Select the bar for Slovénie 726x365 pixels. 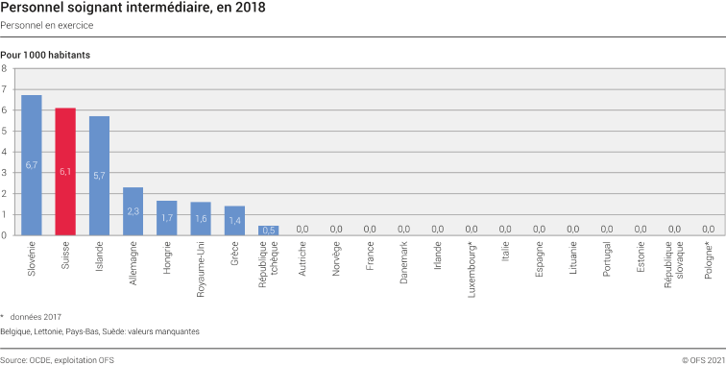pos(32,165)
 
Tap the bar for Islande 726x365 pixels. pos(99,176)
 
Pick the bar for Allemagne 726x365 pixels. pos(133,210)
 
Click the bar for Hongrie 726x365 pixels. pos(167,217)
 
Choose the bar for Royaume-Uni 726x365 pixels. pos(201,218)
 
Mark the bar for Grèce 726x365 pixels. pos(234,220)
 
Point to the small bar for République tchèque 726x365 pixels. pos(268,230)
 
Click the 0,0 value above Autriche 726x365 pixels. pos(302,229)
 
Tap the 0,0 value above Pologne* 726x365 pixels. pos(708,229)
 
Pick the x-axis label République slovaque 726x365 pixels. pos(674,266)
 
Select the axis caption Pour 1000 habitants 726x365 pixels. pos(45,55)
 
